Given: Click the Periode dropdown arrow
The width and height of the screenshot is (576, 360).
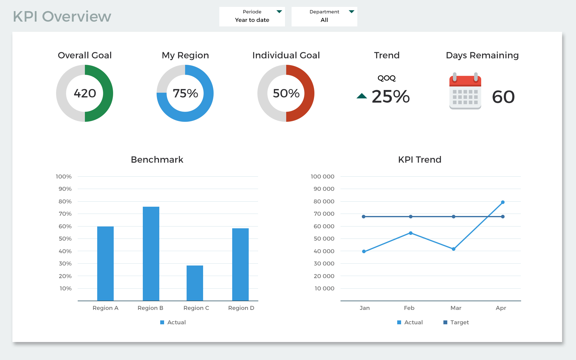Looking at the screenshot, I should (279, 12).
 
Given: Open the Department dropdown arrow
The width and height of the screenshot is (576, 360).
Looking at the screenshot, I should (352, 12).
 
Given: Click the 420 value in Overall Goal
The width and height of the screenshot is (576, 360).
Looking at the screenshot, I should (85, 93).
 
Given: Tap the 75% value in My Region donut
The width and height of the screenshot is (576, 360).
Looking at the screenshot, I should (185, 93).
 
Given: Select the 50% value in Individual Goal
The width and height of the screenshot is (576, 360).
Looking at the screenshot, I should (286, 93).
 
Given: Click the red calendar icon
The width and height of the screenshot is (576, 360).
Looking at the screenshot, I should (465, 91).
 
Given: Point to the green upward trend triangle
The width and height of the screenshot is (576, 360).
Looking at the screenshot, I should (362, 96).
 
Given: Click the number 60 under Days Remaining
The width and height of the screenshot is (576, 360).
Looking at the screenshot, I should (503, 97).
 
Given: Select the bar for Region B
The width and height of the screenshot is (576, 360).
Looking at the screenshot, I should (151, 253).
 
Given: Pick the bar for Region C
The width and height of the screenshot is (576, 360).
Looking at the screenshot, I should (195, 283).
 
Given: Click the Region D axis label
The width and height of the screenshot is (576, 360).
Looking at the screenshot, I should (241, 308).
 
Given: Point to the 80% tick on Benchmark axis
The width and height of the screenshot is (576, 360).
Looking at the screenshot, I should (65, 201).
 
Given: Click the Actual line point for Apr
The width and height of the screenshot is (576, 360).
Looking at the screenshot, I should (503, 202).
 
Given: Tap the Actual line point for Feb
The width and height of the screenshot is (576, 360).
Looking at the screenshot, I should (411, 233).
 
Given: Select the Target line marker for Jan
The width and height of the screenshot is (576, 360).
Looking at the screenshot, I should (364, 217).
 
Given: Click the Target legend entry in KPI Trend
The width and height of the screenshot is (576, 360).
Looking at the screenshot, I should (456, 322).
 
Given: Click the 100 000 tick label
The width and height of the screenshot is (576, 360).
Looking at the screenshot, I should (322, 176).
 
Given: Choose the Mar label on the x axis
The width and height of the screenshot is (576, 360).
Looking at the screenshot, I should (456, 308).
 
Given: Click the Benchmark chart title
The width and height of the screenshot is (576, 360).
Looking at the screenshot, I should (157, 159).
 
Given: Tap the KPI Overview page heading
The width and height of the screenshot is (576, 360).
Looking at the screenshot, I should (62, 16).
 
